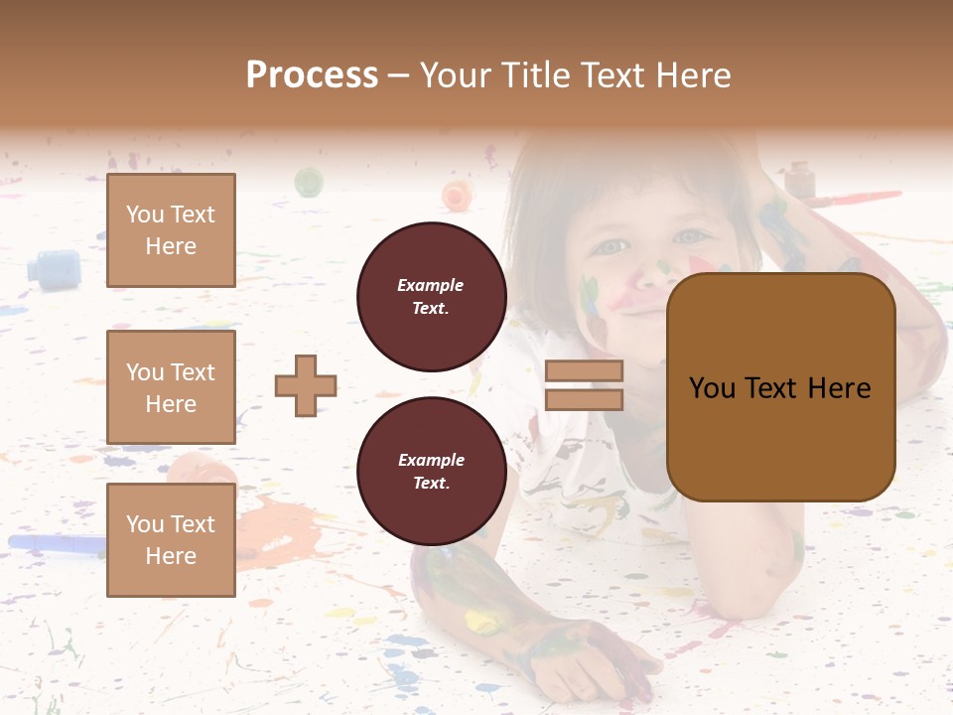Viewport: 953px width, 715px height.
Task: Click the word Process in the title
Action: coord(312,74)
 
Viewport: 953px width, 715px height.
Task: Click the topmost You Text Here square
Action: coord(171,230)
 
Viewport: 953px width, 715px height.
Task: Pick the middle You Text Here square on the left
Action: coord(171,387)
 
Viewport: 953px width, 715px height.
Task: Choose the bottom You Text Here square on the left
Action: coord(171,539)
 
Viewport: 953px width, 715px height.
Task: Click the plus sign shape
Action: coord(306,385)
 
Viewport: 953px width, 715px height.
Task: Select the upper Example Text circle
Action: coord(431,296)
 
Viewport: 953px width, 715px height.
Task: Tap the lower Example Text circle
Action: coord(431,471)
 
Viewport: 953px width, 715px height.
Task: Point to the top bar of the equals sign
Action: coord(584,370)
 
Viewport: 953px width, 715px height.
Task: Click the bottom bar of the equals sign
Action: coord(584,400)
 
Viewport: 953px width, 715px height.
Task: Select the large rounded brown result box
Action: coord(780,387)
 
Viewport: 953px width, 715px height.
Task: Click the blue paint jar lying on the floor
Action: coord(55,269)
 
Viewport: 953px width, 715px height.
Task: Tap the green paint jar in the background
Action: coord(309,182)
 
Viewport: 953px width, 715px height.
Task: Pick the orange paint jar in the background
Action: coord(457,195)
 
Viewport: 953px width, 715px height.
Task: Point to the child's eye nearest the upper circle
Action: coord(611,246)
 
